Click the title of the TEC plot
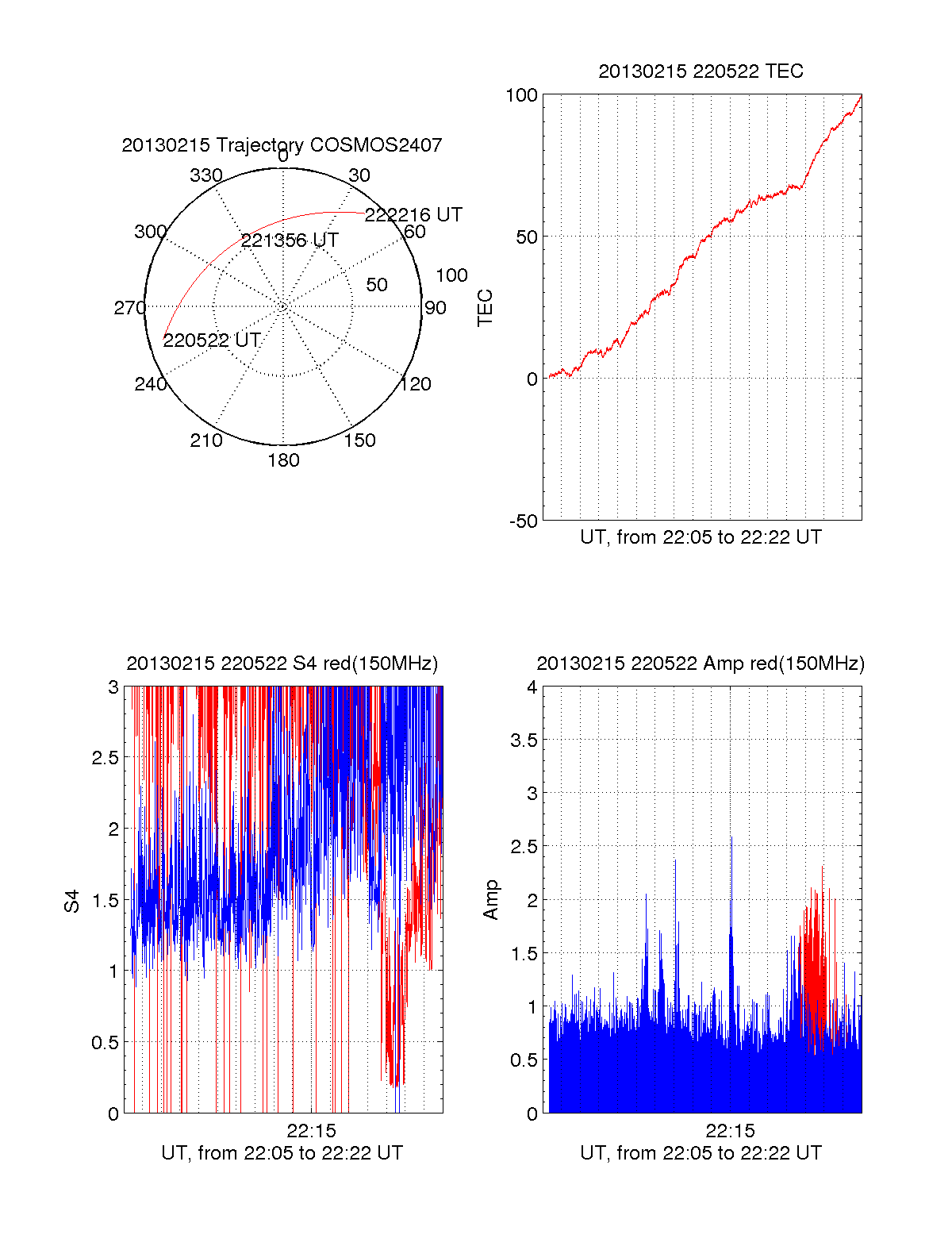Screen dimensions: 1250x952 tap(701, 71)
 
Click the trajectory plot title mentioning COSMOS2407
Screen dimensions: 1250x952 tap(282, 145)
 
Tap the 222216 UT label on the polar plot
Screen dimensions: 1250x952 tap(413, 215)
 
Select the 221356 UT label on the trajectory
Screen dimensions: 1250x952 tap(290, 240)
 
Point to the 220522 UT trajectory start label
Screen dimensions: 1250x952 tap(212, 340)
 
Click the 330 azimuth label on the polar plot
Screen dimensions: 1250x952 tap(206, 175)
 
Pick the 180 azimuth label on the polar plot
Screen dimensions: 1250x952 tap(283, 460)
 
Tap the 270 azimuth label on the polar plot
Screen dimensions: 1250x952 tap(129, 308)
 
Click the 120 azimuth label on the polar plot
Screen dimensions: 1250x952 tap(415, 385)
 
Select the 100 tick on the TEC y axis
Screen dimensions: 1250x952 tap(521, 95)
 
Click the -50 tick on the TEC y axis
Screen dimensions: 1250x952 tap(523, 521)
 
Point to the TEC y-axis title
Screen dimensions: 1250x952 tap(486, 308)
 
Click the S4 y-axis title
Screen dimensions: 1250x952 tap(72, 901)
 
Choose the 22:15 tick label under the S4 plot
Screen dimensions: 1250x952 tap(312, 1130)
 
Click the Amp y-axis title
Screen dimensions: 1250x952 tap(492, 900)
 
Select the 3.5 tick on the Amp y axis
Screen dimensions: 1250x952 tap(523, 740)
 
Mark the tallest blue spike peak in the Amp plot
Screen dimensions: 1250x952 tap(731, 837)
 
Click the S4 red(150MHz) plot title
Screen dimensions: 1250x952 tap(282, 663)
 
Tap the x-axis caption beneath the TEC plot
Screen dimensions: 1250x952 tap(701, 537)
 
